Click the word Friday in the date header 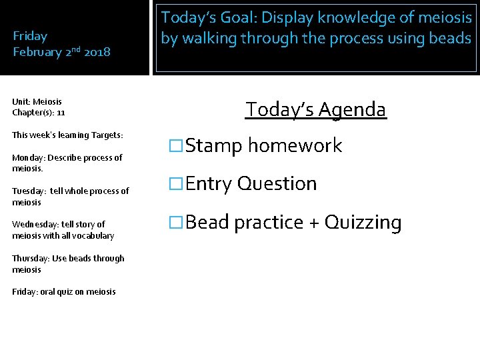(31, 36)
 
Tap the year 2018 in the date (97, 52)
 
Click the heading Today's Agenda (315, 109)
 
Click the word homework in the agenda (295, 146)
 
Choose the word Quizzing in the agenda (363, 223)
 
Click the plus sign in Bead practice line (313, 223)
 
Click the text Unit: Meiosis (37, 102)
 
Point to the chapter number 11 (61, 113)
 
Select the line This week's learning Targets (67, 135)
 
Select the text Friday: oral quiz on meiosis (64, 291)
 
